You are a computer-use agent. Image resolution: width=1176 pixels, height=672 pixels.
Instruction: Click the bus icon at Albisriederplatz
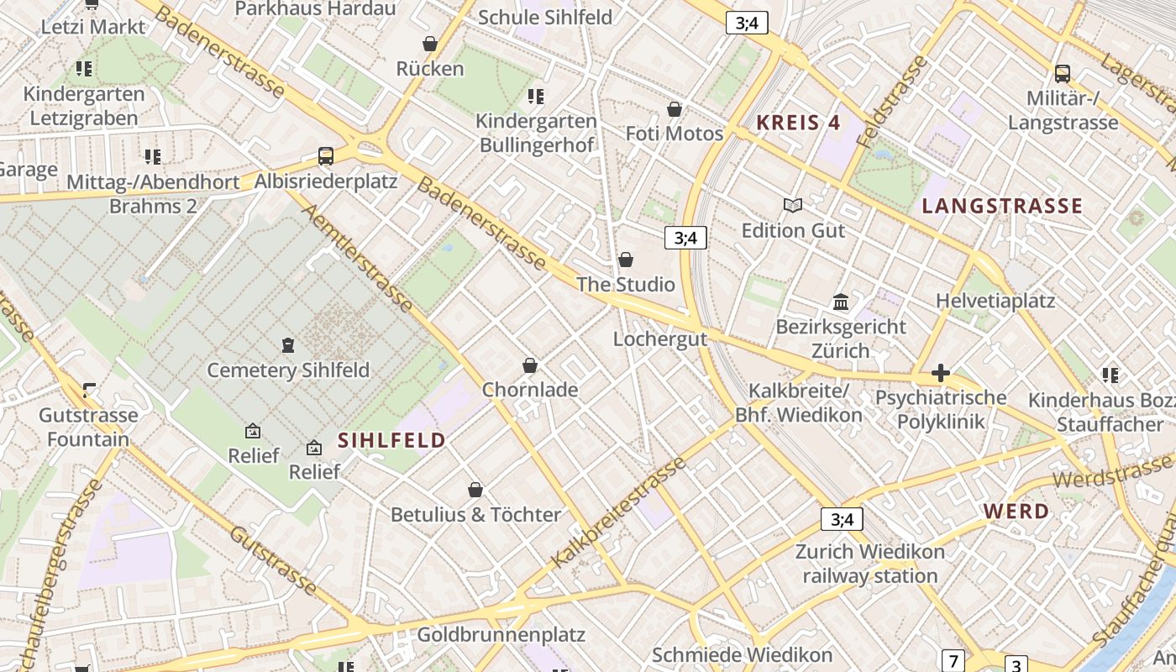[325, 156]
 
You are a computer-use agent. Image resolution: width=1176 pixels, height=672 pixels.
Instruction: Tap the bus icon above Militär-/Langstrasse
[1063, 74]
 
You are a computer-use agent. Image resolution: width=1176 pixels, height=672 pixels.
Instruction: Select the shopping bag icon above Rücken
[430, 44]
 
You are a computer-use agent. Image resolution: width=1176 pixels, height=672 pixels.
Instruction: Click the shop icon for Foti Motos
[674, 109]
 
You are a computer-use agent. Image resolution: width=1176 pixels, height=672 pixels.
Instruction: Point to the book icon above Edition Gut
[792, 205]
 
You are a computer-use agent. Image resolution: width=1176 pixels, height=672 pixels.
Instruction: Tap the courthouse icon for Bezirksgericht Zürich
[841, 302]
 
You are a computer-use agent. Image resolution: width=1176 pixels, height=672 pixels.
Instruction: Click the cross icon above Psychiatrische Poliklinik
[941, 373]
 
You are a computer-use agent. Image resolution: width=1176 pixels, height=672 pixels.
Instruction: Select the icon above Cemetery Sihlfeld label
[287, 345]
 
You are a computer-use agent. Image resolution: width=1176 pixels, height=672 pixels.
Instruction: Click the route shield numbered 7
[953, 660]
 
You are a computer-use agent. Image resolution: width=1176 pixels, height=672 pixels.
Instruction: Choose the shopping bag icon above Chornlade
[530, 365]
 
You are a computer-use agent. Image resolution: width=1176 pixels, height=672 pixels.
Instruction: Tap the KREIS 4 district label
[798, 123]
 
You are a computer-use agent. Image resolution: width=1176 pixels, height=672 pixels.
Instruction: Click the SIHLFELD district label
[391, 440]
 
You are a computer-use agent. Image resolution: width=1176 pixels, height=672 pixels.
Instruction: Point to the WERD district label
[1016, 512]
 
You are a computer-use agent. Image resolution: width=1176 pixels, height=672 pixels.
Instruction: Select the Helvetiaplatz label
[995, 301]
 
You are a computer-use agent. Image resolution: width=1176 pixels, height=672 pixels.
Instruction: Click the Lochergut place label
[659, 339]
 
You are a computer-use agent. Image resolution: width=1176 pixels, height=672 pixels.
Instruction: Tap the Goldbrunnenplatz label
[501, 634]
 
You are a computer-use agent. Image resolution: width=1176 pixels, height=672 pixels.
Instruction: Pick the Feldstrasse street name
[893, 102]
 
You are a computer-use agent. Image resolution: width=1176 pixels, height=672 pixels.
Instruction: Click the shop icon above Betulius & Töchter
[475, 490]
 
